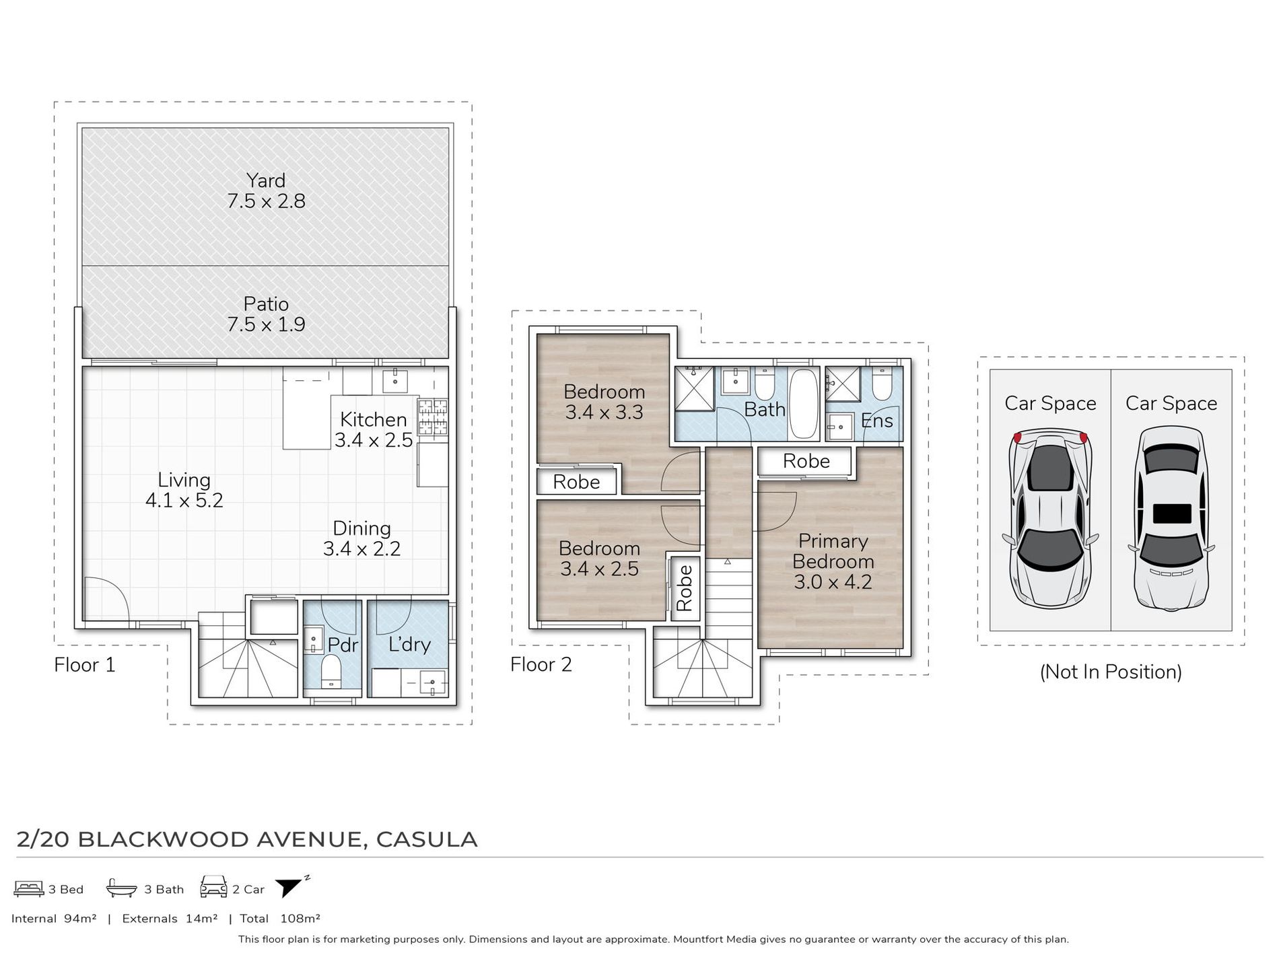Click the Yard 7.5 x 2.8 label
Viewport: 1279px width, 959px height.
(266, 190)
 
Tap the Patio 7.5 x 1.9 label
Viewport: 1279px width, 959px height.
(266, 314)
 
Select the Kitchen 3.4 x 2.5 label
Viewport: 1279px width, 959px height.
(374, 429)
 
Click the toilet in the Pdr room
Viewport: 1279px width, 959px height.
(331, 672)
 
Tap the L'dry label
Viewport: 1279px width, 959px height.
(409, 644)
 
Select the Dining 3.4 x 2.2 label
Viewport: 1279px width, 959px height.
(361, 538)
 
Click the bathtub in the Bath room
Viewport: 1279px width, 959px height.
(802, 403)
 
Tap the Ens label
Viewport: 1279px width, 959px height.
(876, 421)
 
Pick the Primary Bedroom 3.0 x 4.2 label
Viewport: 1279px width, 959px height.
(833, 561)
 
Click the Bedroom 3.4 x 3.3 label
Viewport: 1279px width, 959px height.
(604, 402)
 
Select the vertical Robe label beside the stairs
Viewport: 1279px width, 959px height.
(684, 588)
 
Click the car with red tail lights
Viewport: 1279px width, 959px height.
(1050, 518)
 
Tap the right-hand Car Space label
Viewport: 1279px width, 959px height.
(1171, 403)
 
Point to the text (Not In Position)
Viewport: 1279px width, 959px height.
(1111, 672)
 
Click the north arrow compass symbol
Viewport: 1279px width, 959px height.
(291, 887)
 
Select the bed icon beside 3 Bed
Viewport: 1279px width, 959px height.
(29, 888)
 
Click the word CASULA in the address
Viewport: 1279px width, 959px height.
(427, 839)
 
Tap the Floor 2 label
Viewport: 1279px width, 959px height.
(541, 664)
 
